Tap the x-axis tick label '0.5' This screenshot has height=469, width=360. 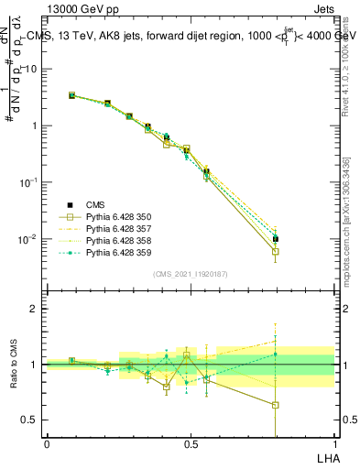pyautogui.click(x=191, y=444)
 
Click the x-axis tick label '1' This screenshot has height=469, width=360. pyautogui.click(x=333, y=444)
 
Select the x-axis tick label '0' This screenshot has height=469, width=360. pyautogui.click(x=47, y=444)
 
